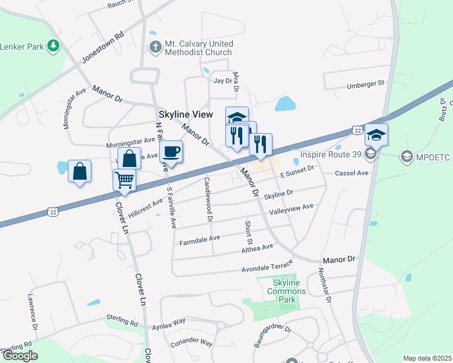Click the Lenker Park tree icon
(55, 46)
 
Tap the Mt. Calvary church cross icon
(155, 47)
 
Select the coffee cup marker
(171, 152)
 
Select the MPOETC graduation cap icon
(406, 157)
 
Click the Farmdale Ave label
(200, 240)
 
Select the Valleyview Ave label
(291, 209)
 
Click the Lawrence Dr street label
(32, 312)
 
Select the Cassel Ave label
(352, 174)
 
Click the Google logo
(20, 356)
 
